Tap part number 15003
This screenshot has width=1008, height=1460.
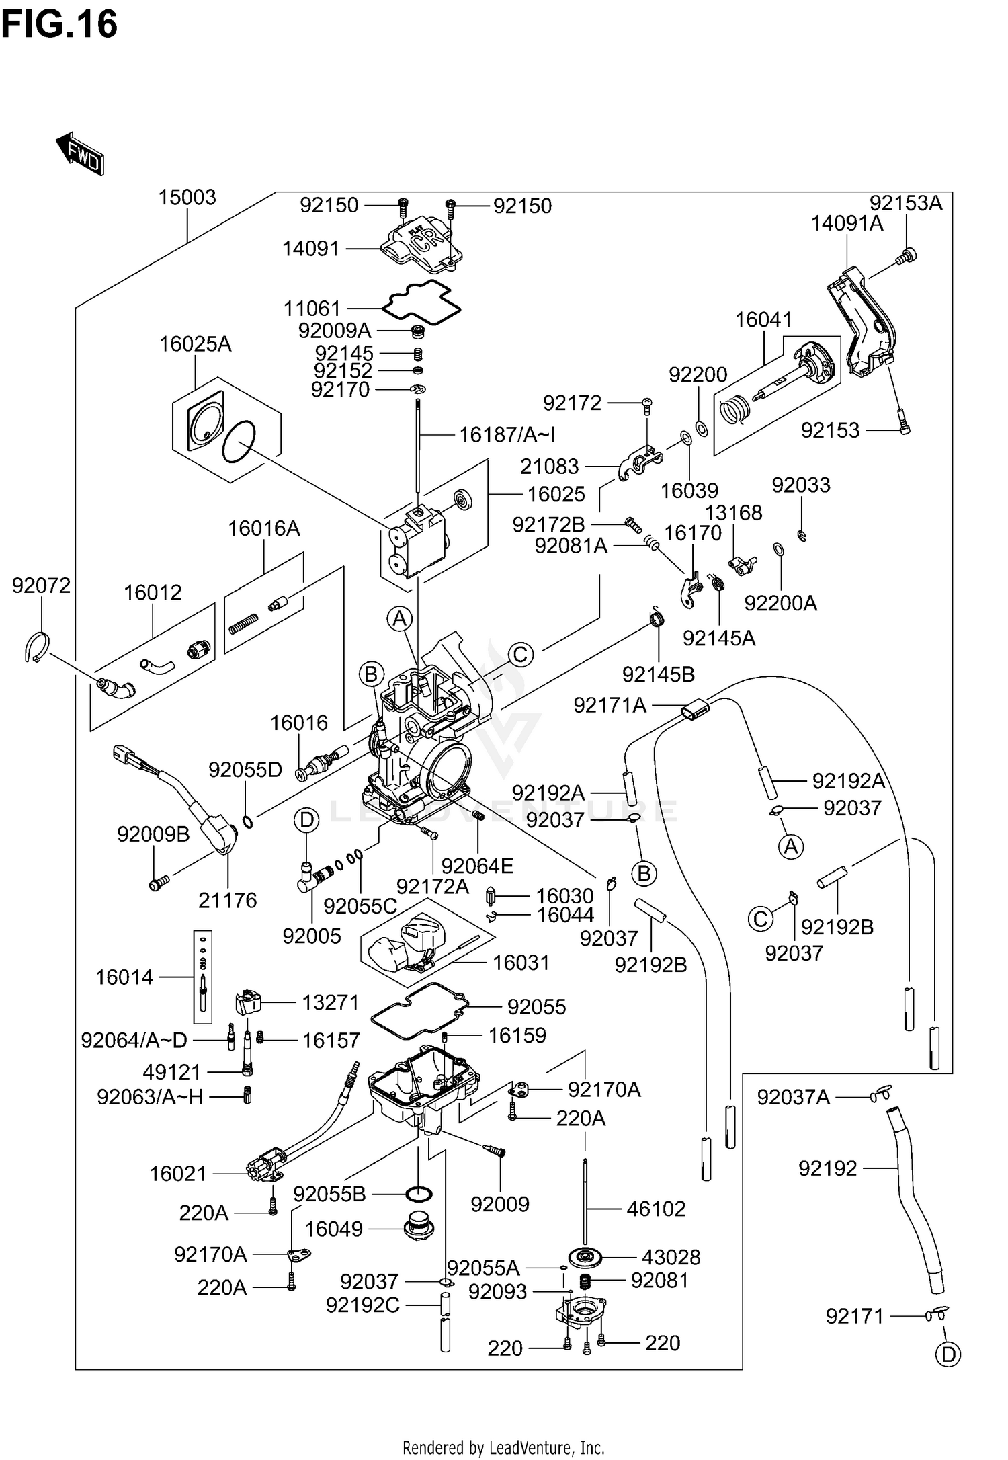(x=187, y=198)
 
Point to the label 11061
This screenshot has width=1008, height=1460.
(x=312, y=309)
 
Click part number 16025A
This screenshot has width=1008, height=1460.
(x=195, y=344)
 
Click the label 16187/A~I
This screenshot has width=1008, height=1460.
(x=507, y=435)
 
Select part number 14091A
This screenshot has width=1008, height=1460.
(x=847, y=224)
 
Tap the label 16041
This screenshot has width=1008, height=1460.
(x=763, y=319)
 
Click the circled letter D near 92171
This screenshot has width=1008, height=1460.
(x=948, y=1354)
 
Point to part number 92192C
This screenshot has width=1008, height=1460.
(x=362, y=1305)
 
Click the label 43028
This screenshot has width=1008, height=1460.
(x=671, y=1256)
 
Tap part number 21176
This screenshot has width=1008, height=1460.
(x=227, y=900)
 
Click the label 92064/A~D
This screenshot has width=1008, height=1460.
(x=134, y=1040)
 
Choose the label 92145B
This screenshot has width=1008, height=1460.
(x=658, y=674)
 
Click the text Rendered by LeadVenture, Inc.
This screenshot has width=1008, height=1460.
(x=503, y=1447)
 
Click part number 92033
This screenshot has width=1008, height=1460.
(x=800, y=485)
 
